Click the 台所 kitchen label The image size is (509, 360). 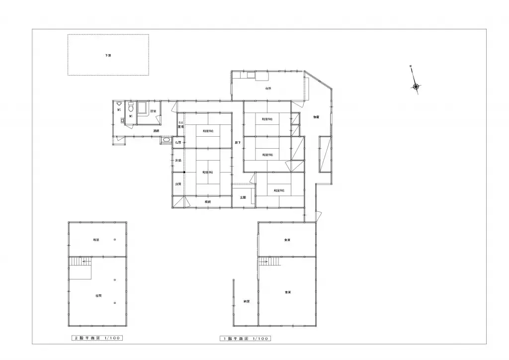click(x=268, y=89)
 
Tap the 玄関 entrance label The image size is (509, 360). click(x=243, y=197)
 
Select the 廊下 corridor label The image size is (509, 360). click(x=238, y=143)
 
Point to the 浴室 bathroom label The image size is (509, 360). click(x=153, y=111)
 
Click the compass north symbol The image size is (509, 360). click(x=416, y=87)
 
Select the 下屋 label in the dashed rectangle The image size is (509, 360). click(x=108, y=55)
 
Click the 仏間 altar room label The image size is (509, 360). click(x=177, y=143)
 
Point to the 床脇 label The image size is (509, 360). click(x=177, y=160)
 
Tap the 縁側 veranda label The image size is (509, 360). click(x=208, y=202)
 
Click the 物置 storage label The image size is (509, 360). click(x=316, y=117)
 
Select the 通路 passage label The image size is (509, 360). click(x=156, y=130)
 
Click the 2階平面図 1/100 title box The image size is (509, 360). click(x=95, y=338)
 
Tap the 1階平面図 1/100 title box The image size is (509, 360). click(x=246, y=339)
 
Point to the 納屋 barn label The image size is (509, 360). click(x=247, y=301)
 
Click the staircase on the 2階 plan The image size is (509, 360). click(x=80, y=268)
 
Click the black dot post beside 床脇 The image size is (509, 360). click(x=184, y=172)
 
